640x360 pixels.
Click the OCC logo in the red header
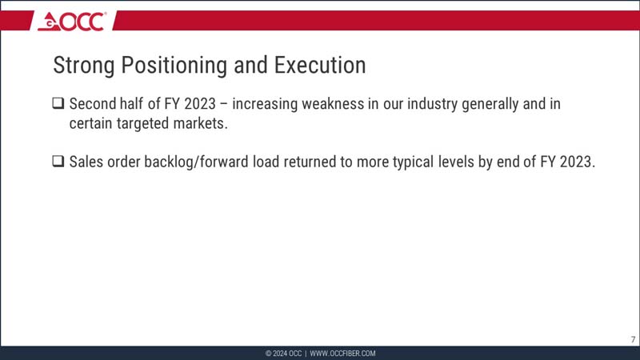pyautogui.click(x=71, y=22)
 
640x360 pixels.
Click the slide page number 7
pyautogui.click(x=633, y=339)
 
